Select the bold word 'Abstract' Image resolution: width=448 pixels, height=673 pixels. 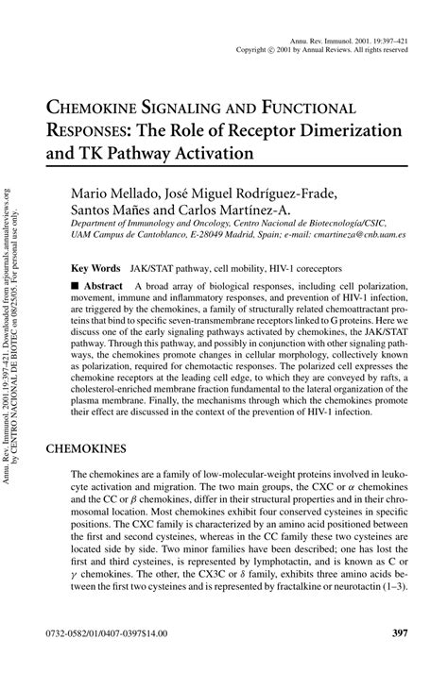pyautogui.click(x=109, y=286)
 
